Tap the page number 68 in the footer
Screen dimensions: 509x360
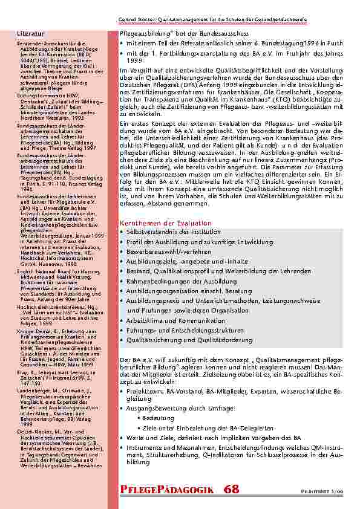click(231, 489)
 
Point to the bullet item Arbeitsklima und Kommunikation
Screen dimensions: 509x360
click(168, 320)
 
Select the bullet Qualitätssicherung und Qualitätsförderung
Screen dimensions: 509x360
click(181, 340)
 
